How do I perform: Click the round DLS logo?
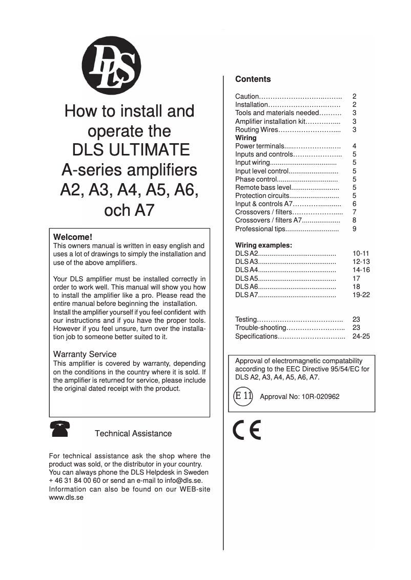111,66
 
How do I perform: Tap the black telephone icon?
60,429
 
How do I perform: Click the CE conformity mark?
247,430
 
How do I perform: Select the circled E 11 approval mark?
243,396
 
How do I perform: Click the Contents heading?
253,79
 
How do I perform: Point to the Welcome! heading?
73,237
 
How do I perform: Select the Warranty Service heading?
85,354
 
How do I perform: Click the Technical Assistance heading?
133,433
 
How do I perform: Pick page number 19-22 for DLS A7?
361,295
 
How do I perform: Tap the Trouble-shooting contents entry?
260,327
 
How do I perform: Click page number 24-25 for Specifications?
361,336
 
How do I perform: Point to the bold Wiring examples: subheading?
263,245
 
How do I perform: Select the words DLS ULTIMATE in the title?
130,150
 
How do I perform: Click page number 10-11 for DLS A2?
361,253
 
